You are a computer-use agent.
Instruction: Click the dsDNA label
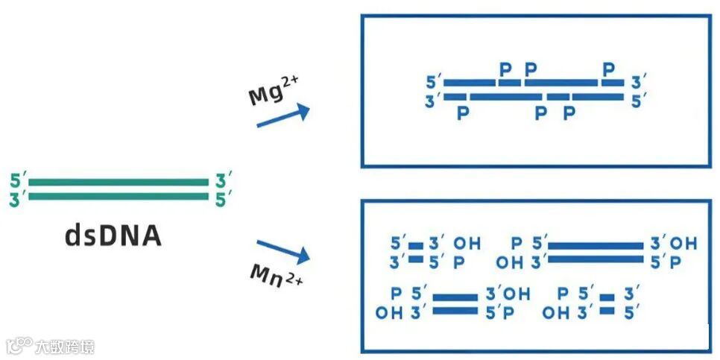(113, 236)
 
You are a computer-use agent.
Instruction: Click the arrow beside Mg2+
(283, 116)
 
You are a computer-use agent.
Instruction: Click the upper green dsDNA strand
(119, 182)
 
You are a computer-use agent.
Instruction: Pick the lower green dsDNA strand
(119, 197)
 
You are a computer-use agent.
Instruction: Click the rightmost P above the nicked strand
(609, 70)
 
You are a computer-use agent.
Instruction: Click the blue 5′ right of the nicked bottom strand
(637, 100)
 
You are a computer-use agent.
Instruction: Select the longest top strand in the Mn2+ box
(596, 245)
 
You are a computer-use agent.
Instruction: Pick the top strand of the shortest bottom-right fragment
(607, 296)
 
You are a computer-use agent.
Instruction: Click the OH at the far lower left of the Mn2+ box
(388, 312)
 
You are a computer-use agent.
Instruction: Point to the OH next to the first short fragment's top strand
(467, 244)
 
